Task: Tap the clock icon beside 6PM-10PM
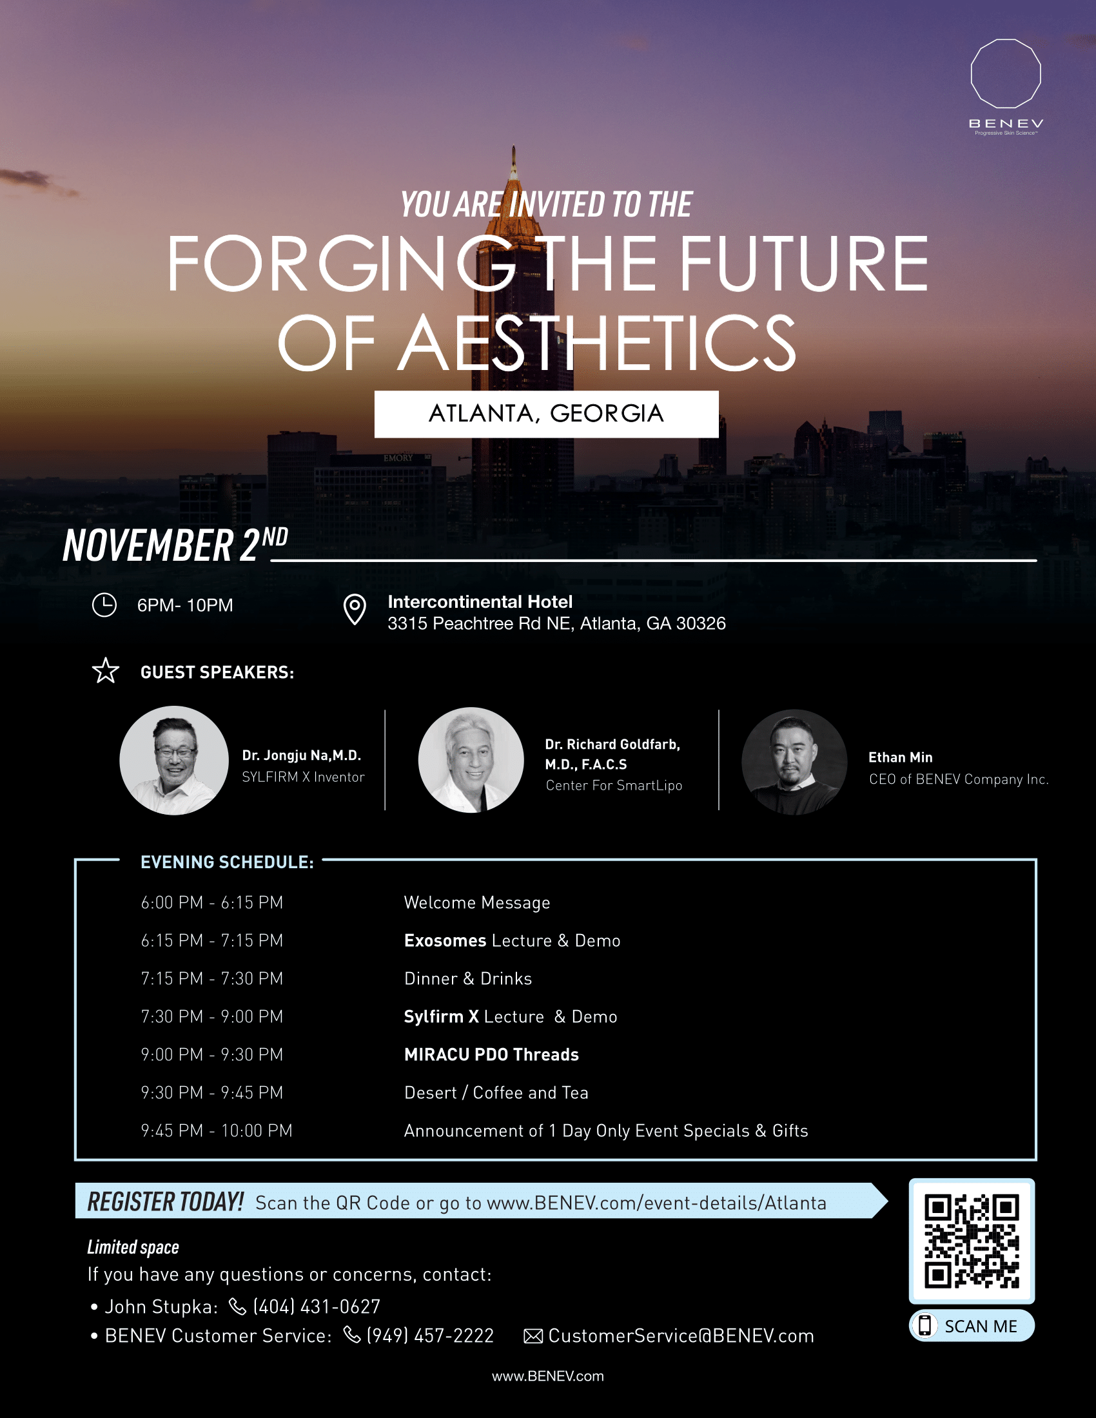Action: pos(104,605)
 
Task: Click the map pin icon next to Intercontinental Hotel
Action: pos(355,609)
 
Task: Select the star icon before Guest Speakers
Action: pos(105,671)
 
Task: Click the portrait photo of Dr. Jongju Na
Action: pos(174,761)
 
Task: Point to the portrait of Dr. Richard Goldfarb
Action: pos(471,760)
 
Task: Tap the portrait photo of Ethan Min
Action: pos(794,762)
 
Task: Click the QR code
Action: pos(972,1241)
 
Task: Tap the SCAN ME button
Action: pos(972,1325)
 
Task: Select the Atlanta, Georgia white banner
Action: pos(546,414)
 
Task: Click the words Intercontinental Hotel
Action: pos(480,602)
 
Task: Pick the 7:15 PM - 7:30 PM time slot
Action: pos(211,978)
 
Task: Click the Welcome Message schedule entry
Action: pos(476,902)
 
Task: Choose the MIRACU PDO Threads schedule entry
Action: pos(491,1054)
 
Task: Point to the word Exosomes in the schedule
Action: pos(445,940)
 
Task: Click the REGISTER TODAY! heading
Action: pos(165,1202)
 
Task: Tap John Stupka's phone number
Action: pos(316,1306)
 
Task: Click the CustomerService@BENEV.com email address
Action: pos(681,1335)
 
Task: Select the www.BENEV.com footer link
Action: pos(547,1376)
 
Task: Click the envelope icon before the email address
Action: pos(533,1336)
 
